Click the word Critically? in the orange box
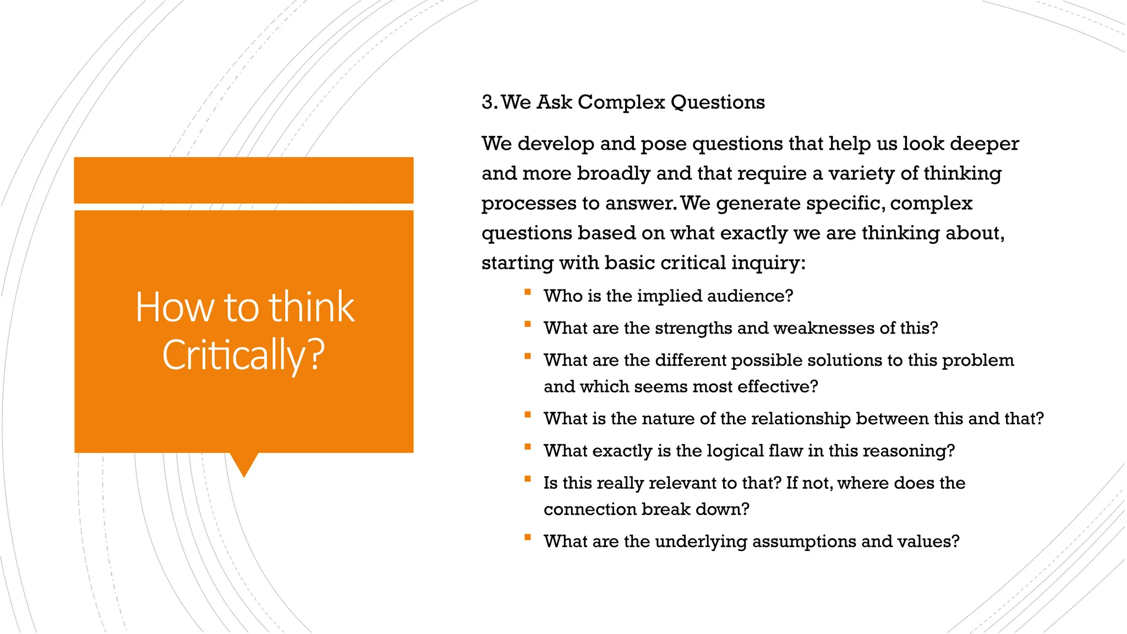pos(243,355)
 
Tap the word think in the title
pos(311,307)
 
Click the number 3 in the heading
pos(488,102)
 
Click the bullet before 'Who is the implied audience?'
pos(527,292)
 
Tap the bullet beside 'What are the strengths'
pos(527,324)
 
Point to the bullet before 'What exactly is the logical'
pos(527,447)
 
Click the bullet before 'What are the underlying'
pos(527,538)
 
